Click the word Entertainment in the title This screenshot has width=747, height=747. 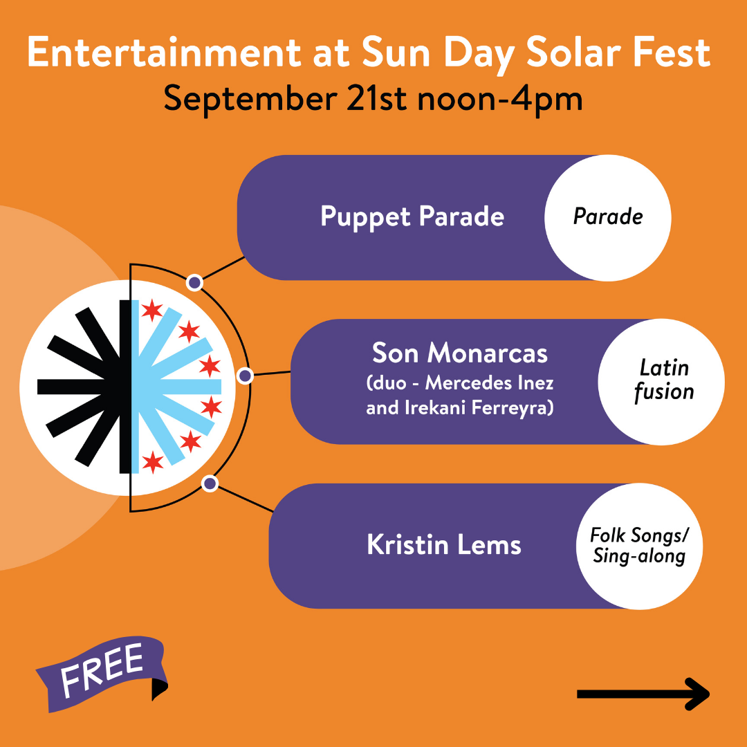coord(164,53)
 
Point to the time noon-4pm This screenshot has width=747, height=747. coord(500,99)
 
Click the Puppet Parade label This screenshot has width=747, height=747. coord(412,217)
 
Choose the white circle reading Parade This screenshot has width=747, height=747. coord(607,218)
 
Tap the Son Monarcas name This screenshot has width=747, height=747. coord(460,353)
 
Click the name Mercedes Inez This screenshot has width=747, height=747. coord(489,382)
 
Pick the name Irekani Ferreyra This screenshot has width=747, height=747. coord(479,408)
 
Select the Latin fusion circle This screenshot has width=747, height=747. coord(661,382)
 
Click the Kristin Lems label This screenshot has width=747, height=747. coord(444,544)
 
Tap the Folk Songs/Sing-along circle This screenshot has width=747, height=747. coord(639,546)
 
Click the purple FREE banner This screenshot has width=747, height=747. coord(102,674)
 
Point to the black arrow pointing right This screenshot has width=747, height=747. coord(643,694)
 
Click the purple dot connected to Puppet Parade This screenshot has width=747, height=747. coord(194,283)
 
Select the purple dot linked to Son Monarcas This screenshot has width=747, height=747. coord(245,376)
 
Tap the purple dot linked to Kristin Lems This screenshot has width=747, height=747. coord(210,483)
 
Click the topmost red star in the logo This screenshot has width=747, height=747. coord(152,310)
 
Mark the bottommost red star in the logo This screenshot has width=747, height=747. coord(152,461)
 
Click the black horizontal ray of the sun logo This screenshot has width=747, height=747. coord(79,387)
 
